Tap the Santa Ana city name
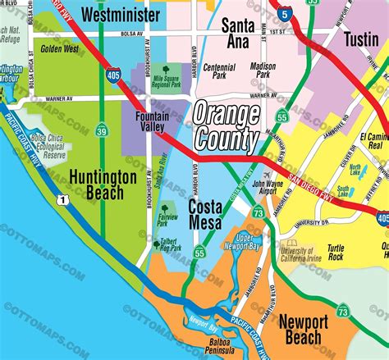(238, 33)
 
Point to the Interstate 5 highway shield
(283, 13)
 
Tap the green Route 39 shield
(101, 130)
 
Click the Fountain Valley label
(157, 122)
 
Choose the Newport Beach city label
(309, 330)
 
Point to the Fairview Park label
(167, 220)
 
